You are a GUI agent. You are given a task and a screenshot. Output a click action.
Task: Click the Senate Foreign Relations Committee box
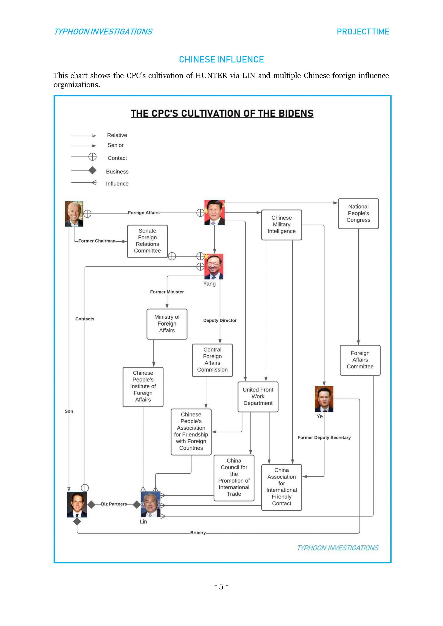(147, 241)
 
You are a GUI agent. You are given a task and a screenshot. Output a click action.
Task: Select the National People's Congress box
(358, 213)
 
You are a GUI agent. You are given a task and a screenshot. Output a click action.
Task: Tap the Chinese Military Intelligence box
(282, 225)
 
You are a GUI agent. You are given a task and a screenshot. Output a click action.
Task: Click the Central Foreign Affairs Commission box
(212, 360)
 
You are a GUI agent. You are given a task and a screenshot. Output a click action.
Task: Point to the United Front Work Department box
(258, 396)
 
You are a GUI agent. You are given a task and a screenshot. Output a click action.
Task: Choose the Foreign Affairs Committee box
(360, 360)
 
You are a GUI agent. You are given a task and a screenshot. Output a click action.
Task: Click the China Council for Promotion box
(234, 477)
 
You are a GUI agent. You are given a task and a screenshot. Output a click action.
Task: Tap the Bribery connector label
(198, 533)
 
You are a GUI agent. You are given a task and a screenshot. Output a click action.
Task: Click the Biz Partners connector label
(114, 504)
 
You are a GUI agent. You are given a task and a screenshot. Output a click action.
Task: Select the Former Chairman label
(97, 241)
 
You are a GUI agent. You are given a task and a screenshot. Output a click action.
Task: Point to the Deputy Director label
(220, 320)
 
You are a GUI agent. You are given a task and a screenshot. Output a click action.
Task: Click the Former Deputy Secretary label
(324, 438)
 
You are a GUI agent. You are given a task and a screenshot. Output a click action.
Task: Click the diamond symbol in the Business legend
(92, 171)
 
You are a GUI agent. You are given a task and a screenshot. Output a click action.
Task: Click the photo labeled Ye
(324, 399)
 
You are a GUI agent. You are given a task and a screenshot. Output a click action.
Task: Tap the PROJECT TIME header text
(363, 32)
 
